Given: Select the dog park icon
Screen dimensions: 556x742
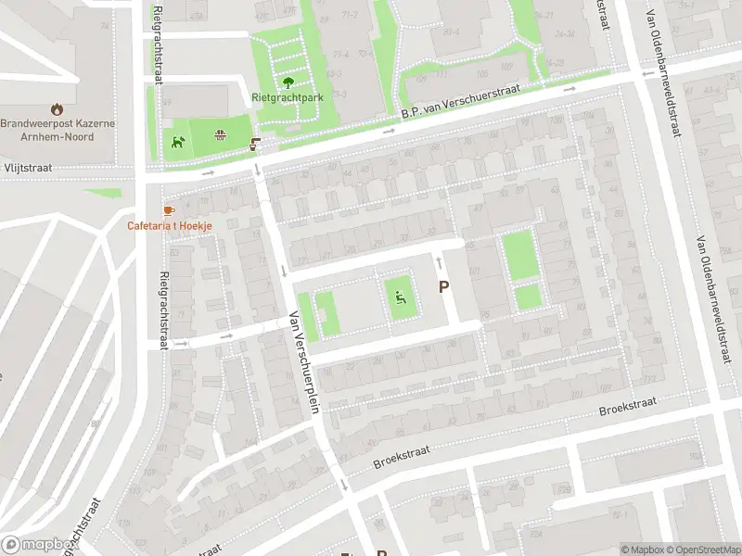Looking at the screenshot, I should point(177,142).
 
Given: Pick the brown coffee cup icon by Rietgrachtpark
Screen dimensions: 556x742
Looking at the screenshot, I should point(255,145).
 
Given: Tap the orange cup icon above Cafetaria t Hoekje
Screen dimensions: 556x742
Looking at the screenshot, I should point(168,211).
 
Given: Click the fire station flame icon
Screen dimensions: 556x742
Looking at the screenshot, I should point(57,108).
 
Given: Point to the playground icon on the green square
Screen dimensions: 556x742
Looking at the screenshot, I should point(400,298).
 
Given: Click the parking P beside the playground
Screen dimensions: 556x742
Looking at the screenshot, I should point(443,287).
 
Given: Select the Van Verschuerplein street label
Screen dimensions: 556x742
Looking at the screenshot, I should point(304,360).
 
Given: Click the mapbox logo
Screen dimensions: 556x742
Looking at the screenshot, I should point(37,545).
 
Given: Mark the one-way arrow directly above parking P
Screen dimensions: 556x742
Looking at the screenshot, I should point(440,263).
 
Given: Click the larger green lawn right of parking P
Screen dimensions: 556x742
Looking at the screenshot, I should point(520,254).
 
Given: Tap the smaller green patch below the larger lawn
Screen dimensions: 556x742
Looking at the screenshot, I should point(528,297).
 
